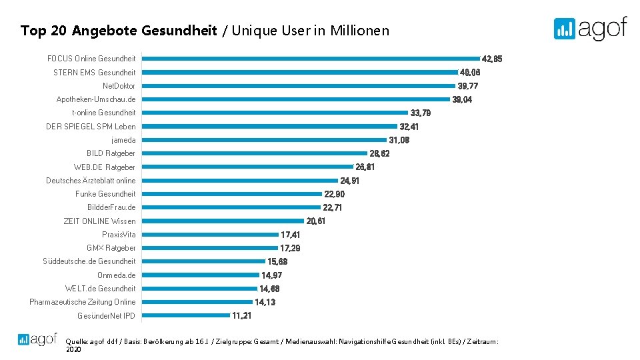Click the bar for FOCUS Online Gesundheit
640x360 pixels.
[311, 59]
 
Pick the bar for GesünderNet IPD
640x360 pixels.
[186, 315]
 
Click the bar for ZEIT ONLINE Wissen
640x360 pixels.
[223, 221]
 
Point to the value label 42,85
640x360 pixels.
[491, 59]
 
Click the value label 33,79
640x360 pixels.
[421, 113]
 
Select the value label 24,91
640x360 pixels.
[350, 181]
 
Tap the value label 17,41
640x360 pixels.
[290, 235]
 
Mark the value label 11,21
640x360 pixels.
[241, 315]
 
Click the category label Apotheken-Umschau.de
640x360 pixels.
[96, 99]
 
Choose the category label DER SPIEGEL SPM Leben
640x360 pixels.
[91, 127]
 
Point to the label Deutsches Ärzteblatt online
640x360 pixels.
[91, 181]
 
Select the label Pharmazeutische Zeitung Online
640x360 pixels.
[82, 302]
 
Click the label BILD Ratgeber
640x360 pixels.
[111, 153]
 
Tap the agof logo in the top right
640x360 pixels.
[590, 28]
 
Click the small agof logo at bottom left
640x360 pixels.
[37, 339]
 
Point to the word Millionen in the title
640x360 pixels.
[359, 31]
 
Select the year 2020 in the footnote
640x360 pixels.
[73, 349]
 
